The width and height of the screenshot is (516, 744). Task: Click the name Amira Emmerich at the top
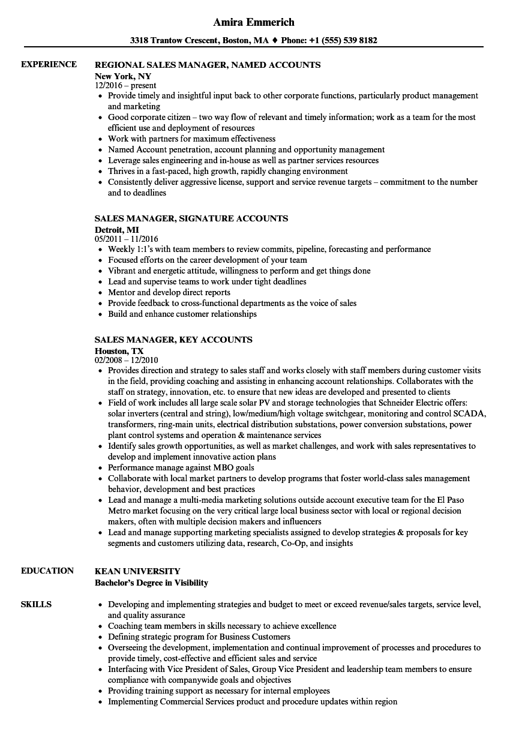254,22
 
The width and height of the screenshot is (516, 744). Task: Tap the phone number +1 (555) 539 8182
343,41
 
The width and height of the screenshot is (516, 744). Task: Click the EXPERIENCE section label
49,64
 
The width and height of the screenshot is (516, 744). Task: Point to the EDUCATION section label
47,571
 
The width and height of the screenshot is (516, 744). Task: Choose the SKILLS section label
36,604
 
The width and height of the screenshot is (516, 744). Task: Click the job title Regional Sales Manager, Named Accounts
208,65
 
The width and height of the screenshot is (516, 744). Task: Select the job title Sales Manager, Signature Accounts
191,218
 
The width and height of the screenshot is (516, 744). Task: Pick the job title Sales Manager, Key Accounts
173,340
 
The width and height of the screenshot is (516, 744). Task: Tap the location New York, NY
123,76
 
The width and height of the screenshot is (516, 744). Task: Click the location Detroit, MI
116,230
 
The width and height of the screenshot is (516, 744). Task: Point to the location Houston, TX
119,351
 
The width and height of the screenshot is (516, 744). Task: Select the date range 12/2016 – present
125,86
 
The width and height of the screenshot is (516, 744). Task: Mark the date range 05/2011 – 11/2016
127,239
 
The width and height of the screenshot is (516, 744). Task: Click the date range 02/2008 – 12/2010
127,361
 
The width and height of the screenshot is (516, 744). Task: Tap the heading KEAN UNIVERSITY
137,571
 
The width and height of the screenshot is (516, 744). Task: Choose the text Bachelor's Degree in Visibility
151,583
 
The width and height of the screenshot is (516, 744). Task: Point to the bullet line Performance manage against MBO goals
181,467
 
